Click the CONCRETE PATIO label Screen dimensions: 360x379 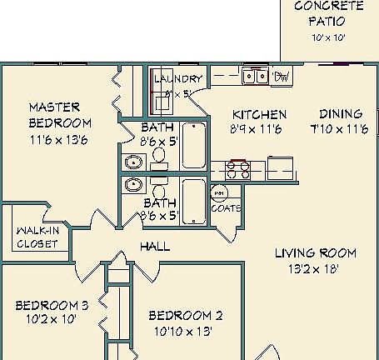328,13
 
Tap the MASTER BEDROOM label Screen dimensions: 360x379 54,115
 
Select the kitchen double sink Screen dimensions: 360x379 255,77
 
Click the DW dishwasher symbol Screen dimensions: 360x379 282,77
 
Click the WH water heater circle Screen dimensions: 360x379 221,194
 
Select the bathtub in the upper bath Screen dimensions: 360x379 194,142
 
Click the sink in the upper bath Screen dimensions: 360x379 132,162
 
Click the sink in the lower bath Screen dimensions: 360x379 132,183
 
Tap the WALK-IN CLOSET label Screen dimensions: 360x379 37,237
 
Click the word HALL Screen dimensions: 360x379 155,247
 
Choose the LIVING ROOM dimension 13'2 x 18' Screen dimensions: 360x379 322,268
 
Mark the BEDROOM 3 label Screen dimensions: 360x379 52,305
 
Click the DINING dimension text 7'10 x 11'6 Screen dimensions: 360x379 339,130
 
